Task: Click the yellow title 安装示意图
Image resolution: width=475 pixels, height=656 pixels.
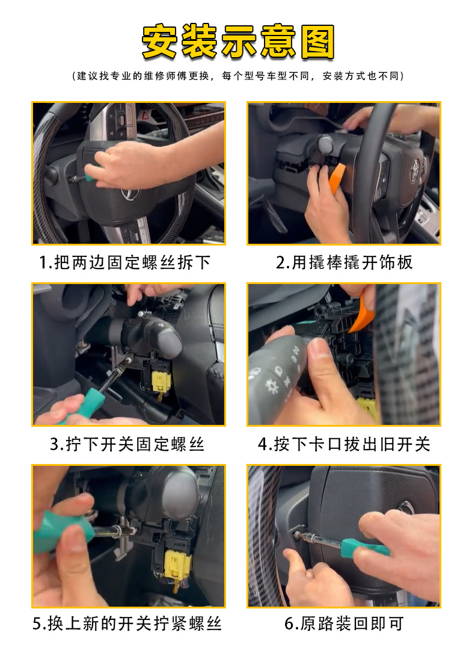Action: [x=237, y=42]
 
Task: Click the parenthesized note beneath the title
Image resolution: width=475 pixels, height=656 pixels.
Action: [x=237, y=76]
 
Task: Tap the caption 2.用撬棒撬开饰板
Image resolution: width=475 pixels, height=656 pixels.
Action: [x=345, y=262]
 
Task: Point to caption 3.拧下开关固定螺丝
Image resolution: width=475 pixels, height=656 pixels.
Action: [x=127, y=444]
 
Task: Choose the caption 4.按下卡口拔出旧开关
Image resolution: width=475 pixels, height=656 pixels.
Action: [x=345, y=444]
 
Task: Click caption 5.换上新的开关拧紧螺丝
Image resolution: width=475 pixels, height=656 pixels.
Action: [x=127, y=624]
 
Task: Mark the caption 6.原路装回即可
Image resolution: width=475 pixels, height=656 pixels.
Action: [x=345, y=624]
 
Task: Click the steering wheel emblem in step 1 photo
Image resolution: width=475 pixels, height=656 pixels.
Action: [x=127, y=193]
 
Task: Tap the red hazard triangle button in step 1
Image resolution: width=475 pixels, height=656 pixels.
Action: [x=145, y=113]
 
